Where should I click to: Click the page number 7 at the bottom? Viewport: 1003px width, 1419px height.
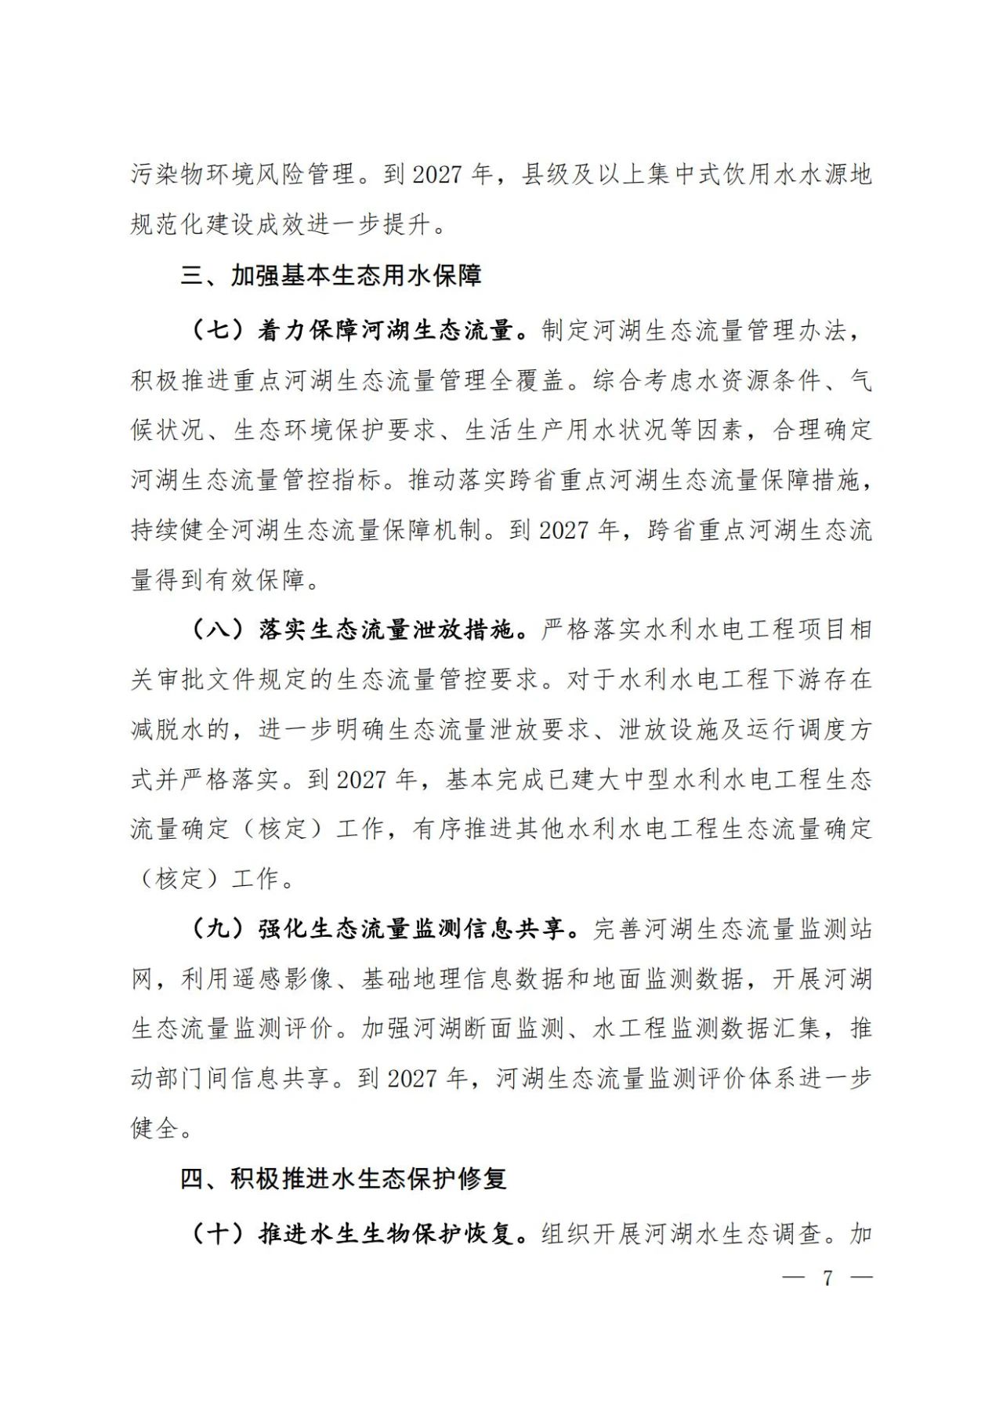click(x=827, y=1278)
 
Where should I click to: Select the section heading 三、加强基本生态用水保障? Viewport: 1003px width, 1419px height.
click(x=331, y=276)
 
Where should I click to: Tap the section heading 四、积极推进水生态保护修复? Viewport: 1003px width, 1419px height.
click(x=343, y=1178)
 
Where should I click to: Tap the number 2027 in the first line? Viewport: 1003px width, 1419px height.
click(x=437, y=174)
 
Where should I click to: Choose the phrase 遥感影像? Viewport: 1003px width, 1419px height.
click(x=283, y=979)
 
